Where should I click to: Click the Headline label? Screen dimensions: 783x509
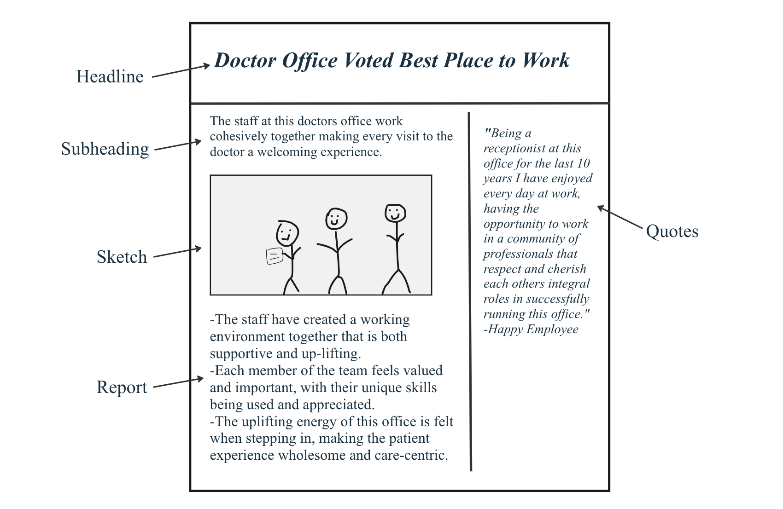110,76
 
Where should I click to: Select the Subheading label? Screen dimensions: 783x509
105,149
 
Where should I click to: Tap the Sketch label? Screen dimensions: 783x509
122,257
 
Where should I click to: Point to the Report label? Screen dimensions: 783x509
122,388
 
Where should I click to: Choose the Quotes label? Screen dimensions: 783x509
672,231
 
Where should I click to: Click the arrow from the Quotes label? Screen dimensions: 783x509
620,217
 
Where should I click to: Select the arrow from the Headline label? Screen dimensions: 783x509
181,70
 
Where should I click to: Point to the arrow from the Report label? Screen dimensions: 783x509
178,382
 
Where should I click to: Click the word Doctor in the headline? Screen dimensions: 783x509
245,60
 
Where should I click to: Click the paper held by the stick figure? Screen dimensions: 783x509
275,256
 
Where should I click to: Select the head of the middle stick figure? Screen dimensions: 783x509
336,219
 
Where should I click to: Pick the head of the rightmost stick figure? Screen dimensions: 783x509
395,213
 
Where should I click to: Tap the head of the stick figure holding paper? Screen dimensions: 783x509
287,233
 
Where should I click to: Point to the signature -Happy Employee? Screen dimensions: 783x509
531,329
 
